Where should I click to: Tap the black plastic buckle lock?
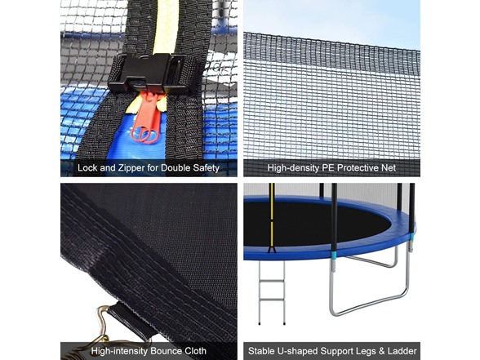point(150,73)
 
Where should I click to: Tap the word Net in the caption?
point(389,168)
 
